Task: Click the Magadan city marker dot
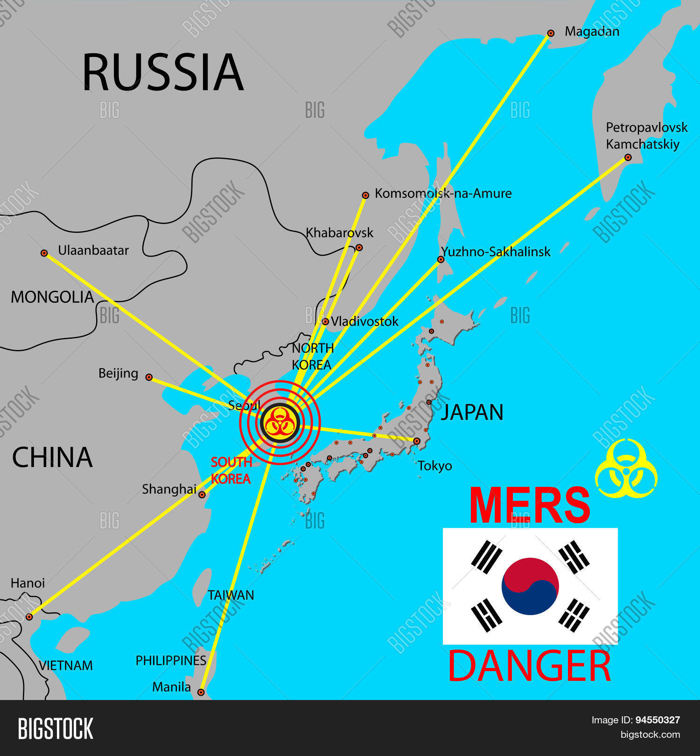click(551, 33)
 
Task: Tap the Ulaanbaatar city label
click(93, 251)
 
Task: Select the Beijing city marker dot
click(149, 377)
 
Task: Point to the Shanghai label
click(169, 489)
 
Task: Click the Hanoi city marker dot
click(29, 616)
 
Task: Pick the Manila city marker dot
click(201, 692)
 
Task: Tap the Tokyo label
click(434, 466)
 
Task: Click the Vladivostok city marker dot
click(325, 322)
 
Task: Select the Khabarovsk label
click(339, 233)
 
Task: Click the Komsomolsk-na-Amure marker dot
click(365, 195)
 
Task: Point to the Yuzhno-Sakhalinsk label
click(496, 252)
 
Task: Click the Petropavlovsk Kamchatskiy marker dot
click(628, 158)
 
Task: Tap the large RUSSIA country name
click(162, 72)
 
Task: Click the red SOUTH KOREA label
click(231, 470)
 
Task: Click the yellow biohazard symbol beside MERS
click(626, 468)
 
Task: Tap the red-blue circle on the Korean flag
click(530, 586)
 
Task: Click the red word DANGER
click(529, 666)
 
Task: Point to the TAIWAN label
click(231, 595)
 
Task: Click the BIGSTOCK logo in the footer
click(56, 728)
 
